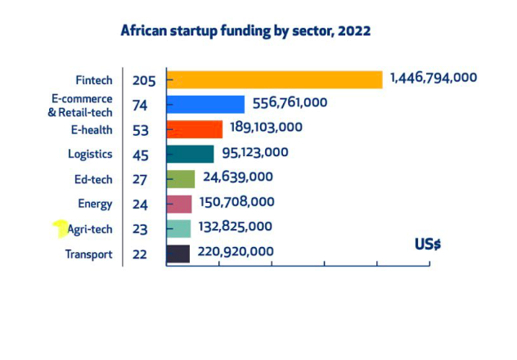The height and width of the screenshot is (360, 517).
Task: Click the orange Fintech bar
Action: tap(275, 79)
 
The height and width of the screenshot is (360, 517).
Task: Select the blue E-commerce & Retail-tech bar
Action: tap(205, 104)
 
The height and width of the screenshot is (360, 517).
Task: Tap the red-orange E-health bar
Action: tap(195, 129)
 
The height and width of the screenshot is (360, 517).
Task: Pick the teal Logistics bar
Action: tap(190, 154)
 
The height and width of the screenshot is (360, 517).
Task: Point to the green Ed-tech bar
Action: tap(181, 179)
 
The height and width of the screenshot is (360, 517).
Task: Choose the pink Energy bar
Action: tap(179, 204)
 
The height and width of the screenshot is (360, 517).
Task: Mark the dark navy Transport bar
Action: tap(178, 254)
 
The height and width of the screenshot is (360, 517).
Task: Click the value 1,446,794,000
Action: tap(433, 78)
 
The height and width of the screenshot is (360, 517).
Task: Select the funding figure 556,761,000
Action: tap(290, 102)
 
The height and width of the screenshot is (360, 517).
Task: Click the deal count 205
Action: tap(143, 80)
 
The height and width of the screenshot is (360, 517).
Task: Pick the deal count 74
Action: tap(140, 105)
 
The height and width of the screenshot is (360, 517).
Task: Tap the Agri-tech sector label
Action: tap(90, 229)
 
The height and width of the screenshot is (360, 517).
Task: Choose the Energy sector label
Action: tap(94, 205)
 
